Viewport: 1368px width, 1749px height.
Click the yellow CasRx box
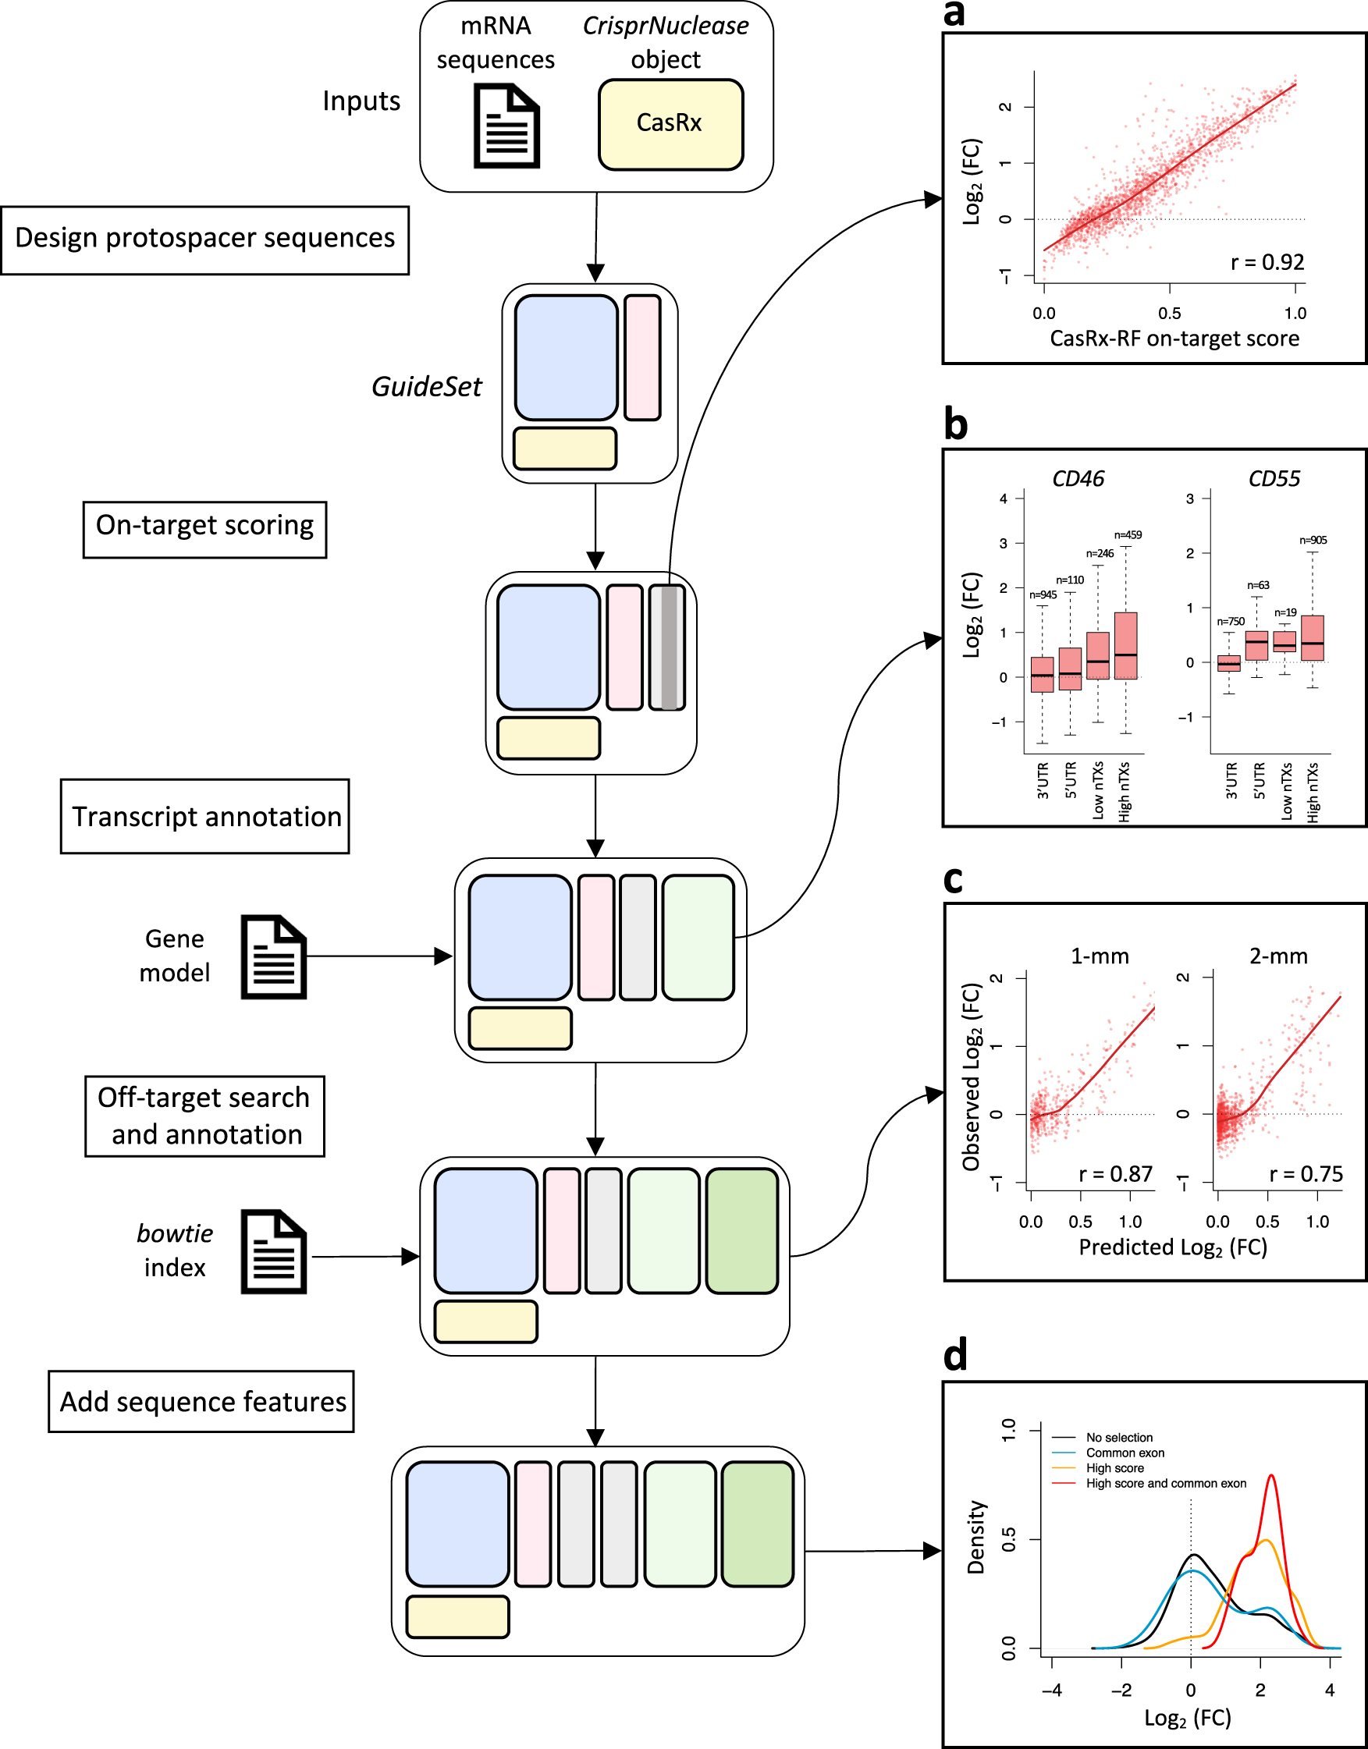tap(670, 124)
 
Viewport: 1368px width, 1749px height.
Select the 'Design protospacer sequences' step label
tap(205, 239)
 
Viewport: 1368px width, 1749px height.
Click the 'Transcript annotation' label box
tap(205, 816)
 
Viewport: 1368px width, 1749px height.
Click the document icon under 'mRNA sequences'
tap(506, 126)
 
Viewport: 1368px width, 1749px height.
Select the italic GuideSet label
tap(426, 387)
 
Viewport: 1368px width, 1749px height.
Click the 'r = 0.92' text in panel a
tap(1267, 263)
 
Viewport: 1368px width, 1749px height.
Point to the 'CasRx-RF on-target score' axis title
tap(1174, 339)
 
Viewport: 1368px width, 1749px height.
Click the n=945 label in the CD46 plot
tap(1043, 595)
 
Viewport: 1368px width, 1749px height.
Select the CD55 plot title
tap(1274, 479)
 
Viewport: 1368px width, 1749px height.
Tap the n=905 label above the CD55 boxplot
tap(1313, 541)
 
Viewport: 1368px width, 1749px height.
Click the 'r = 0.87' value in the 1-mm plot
tap(1115, 1174)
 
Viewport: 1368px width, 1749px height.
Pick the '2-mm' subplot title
tap(1278, 956)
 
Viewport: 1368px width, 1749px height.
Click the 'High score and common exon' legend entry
tap(1165, 1483)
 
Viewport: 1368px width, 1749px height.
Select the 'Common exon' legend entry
tap(1125, 1453)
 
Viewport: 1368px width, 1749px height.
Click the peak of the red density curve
tap(1272, 1475)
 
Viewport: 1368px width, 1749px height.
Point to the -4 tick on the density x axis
tap(1052, 1690)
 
